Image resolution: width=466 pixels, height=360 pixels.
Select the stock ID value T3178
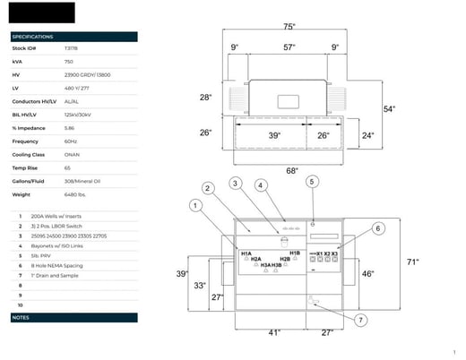[71, 48]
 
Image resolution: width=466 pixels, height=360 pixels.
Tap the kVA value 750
[68, 61]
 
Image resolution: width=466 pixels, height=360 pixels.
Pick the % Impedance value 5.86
[69, 128]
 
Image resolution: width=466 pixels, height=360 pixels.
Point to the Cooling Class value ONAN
[71, 154]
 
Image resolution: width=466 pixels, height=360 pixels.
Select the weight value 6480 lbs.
[74, 193]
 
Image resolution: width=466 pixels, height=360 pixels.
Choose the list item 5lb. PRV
[40, 255]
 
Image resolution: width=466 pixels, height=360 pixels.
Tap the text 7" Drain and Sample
[54, 276]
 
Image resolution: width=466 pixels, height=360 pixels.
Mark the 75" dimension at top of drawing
[289, 27]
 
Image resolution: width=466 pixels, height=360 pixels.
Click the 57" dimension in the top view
[289, 47]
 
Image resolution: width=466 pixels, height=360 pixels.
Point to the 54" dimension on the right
[390, 108]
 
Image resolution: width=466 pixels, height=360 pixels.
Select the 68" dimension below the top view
[292, 170]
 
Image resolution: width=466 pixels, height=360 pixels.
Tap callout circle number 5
[313, 182]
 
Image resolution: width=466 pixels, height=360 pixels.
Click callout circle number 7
[361, 320]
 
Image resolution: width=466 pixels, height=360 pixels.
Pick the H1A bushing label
[246, 254]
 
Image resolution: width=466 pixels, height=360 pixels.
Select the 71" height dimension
[412, 262]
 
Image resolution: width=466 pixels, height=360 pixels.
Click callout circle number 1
[194, 206]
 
